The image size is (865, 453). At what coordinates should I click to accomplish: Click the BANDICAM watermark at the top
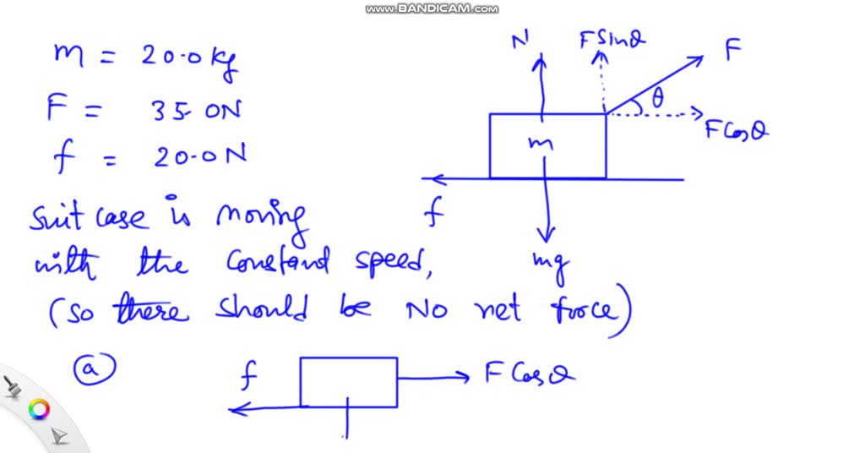[x=432, y=8]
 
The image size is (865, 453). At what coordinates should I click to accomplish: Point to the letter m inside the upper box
[x=541, y=145]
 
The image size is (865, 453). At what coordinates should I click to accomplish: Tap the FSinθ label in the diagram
[x=614, y=39]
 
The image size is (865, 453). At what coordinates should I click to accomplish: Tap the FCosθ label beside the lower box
[x=530, y=374]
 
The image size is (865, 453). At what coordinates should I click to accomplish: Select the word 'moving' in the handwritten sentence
[x=258, y=221]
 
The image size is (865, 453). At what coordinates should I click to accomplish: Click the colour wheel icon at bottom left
[x=38, y=410]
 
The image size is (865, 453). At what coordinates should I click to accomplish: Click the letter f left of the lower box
[x=249, y=379]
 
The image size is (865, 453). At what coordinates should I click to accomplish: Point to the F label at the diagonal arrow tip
[x=732, y=51]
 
